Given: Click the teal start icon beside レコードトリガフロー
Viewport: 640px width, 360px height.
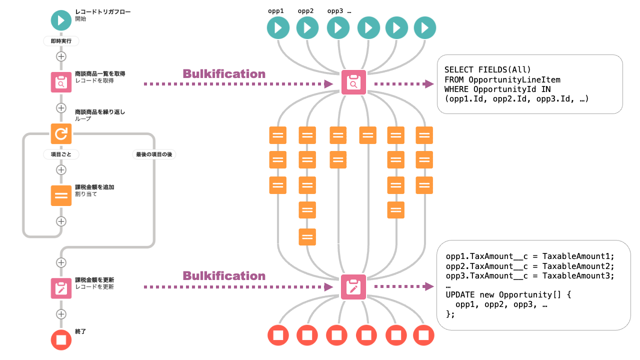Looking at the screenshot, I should point(61,20).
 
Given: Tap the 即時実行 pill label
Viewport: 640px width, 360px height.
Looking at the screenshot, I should point(61,41).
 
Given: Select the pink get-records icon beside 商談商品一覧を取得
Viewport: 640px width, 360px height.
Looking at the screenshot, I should point(61,82).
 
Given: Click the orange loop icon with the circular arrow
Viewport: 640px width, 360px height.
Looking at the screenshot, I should point(61,133).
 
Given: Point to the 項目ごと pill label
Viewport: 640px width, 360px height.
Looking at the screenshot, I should point(61,154).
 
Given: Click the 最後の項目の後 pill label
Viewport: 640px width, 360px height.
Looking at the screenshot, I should point(153,154).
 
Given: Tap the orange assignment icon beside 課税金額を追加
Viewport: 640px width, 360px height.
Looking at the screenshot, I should point(61,195).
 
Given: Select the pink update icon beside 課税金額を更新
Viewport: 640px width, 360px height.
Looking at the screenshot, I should point(61,288).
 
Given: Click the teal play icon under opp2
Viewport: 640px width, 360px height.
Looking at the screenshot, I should point(307,27).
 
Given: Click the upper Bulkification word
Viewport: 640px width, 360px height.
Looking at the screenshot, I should point(224,74).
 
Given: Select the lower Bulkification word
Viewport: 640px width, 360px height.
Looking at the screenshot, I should point(224,276).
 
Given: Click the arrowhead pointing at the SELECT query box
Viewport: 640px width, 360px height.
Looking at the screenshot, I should point(429,84).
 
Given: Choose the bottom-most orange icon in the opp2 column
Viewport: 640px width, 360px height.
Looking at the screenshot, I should point(307,236).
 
